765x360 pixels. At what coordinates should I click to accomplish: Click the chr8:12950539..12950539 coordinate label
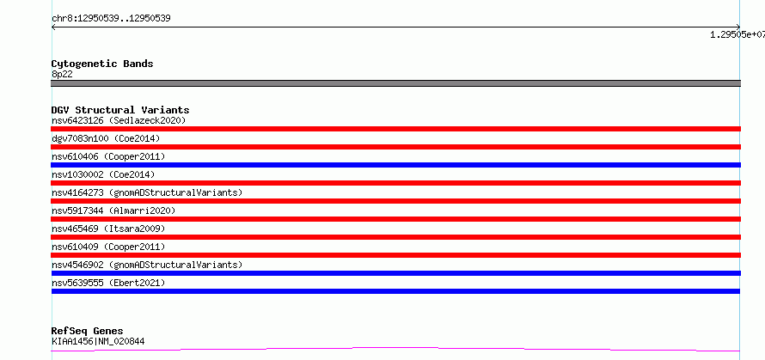coord(111,19)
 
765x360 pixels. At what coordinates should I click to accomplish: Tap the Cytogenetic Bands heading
coord(102,64)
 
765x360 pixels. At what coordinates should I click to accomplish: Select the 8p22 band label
coord(62,75)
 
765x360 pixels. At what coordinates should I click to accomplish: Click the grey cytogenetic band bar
coord(395,83)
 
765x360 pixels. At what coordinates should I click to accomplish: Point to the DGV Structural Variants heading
coord(120,110)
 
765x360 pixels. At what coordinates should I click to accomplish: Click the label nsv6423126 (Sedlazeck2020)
coord(119,120)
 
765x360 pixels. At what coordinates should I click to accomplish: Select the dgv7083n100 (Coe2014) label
coord(106,138)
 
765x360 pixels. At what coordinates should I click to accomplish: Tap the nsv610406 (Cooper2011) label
coord(108,156)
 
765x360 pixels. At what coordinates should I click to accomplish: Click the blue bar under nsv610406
coord(395,165)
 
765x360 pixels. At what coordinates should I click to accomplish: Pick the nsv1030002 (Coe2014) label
coord(106,174)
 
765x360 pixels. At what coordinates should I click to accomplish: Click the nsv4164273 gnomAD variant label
coord(147,192)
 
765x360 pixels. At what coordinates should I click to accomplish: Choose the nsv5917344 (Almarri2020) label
coord(113,211)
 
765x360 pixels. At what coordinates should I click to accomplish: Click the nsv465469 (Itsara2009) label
coord(108,229)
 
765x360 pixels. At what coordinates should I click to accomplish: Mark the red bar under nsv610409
coord(395,255)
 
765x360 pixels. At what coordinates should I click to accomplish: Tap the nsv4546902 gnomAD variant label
coord(147,265)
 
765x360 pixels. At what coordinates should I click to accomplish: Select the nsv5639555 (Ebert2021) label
coord(108,283)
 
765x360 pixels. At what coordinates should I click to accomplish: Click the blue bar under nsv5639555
coord(395,291)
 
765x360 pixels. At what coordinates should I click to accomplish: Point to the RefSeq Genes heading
coord(88,332)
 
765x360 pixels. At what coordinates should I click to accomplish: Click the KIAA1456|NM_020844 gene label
coord(98,341)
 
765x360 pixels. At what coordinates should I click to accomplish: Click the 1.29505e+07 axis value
coord(737,34)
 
